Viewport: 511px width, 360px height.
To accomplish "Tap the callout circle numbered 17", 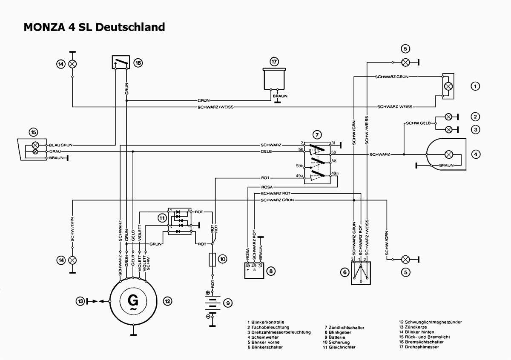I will click(275, 62).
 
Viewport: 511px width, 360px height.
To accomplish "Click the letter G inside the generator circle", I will click(133, 300).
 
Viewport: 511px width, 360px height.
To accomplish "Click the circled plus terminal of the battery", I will click(208, 292).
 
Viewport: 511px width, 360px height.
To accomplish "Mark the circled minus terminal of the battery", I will click(208, 317).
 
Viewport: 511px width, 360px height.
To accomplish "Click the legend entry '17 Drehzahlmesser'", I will click(419, 347).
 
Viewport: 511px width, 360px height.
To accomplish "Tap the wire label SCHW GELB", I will click(419, 123).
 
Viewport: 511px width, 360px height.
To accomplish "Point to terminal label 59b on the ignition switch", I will click(299, 166).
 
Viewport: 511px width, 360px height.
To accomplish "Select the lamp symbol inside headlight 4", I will click(448, 154).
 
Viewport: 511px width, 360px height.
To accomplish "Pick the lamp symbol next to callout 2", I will click(448, 117).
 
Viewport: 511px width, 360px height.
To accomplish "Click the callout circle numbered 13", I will click(81, 301).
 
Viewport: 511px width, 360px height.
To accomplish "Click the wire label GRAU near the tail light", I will click(55, 151).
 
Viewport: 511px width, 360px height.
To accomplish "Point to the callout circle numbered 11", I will click(162, 218).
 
